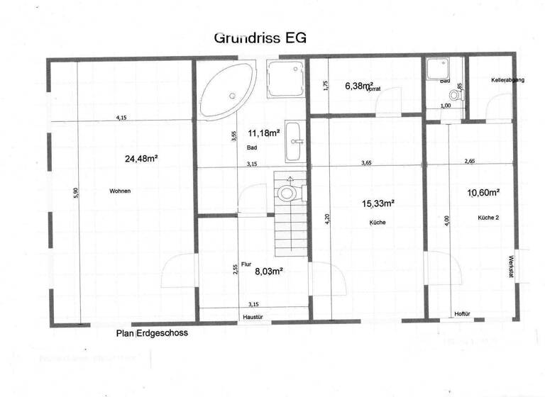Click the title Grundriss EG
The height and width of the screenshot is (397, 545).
tap(260, 38)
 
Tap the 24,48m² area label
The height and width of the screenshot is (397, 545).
tap(141, 159)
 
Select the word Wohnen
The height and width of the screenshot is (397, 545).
tap(121, 191)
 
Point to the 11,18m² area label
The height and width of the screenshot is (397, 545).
tap(264, 133)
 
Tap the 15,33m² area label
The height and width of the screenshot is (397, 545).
tap(378, 203)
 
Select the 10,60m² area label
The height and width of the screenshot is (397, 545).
tap(484, 192)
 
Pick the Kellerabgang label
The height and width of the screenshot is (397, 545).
tap(507, 81)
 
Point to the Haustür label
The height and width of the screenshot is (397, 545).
tap(253, 317)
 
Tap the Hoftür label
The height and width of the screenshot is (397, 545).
tap(463, 313)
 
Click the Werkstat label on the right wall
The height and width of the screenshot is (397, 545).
tap(510, 267)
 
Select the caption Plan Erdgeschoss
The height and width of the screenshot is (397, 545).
tap(153, 333)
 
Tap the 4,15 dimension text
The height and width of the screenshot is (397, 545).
tap(123, 118)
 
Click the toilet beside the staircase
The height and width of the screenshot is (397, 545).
tap(288, 192)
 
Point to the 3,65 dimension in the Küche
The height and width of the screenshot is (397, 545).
tap(366, 162)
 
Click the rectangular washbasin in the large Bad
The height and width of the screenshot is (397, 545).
tap(293, 148)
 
